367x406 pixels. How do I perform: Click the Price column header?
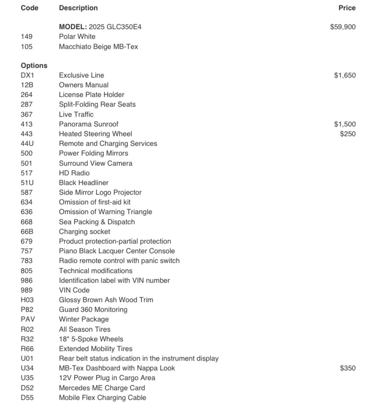pos(347,8)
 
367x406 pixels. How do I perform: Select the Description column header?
pos(78,8)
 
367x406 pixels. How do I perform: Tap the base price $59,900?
pos(343,27)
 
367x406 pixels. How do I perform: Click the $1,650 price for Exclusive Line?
pos(345,75)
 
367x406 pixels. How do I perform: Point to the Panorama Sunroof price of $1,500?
pos(345,124)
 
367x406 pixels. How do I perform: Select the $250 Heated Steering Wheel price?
pos(348,134)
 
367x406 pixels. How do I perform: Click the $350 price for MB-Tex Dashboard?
pos(348,368)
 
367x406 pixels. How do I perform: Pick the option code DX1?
pos(27,75)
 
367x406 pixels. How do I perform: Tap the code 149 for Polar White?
pos(26,37)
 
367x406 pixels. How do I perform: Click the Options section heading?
pos(34,66)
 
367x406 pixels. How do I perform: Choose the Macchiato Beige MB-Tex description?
pos(98,46)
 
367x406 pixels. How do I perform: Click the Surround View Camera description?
pos(95,163)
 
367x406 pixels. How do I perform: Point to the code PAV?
pos(28,319)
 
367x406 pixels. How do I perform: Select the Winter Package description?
pos(84,319)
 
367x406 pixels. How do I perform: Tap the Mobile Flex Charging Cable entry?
pos(102,398)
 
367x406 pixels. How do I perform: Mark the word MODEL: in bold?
pos(73,27)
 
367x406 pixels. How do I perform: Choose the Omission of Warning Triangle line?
pos(105,212)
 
